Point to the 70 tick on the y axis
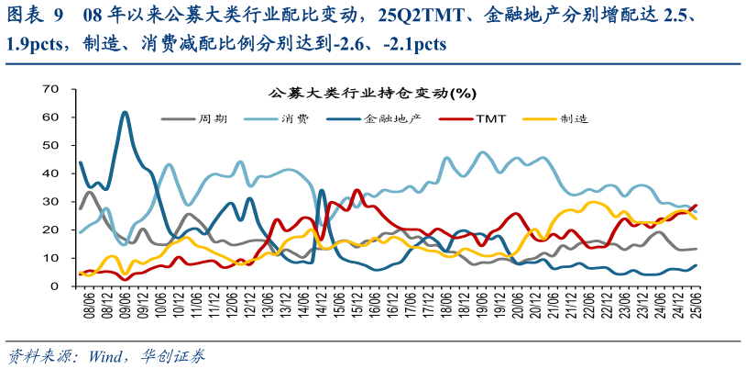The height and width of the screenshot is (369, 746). [51, 88]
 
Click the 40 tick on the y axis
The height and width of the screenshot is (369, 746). [51, 173]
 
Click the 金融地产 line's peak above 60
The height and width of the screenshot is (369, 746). [125, 112]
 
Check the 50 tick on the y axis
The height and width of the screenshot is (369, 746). [51, 145]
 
